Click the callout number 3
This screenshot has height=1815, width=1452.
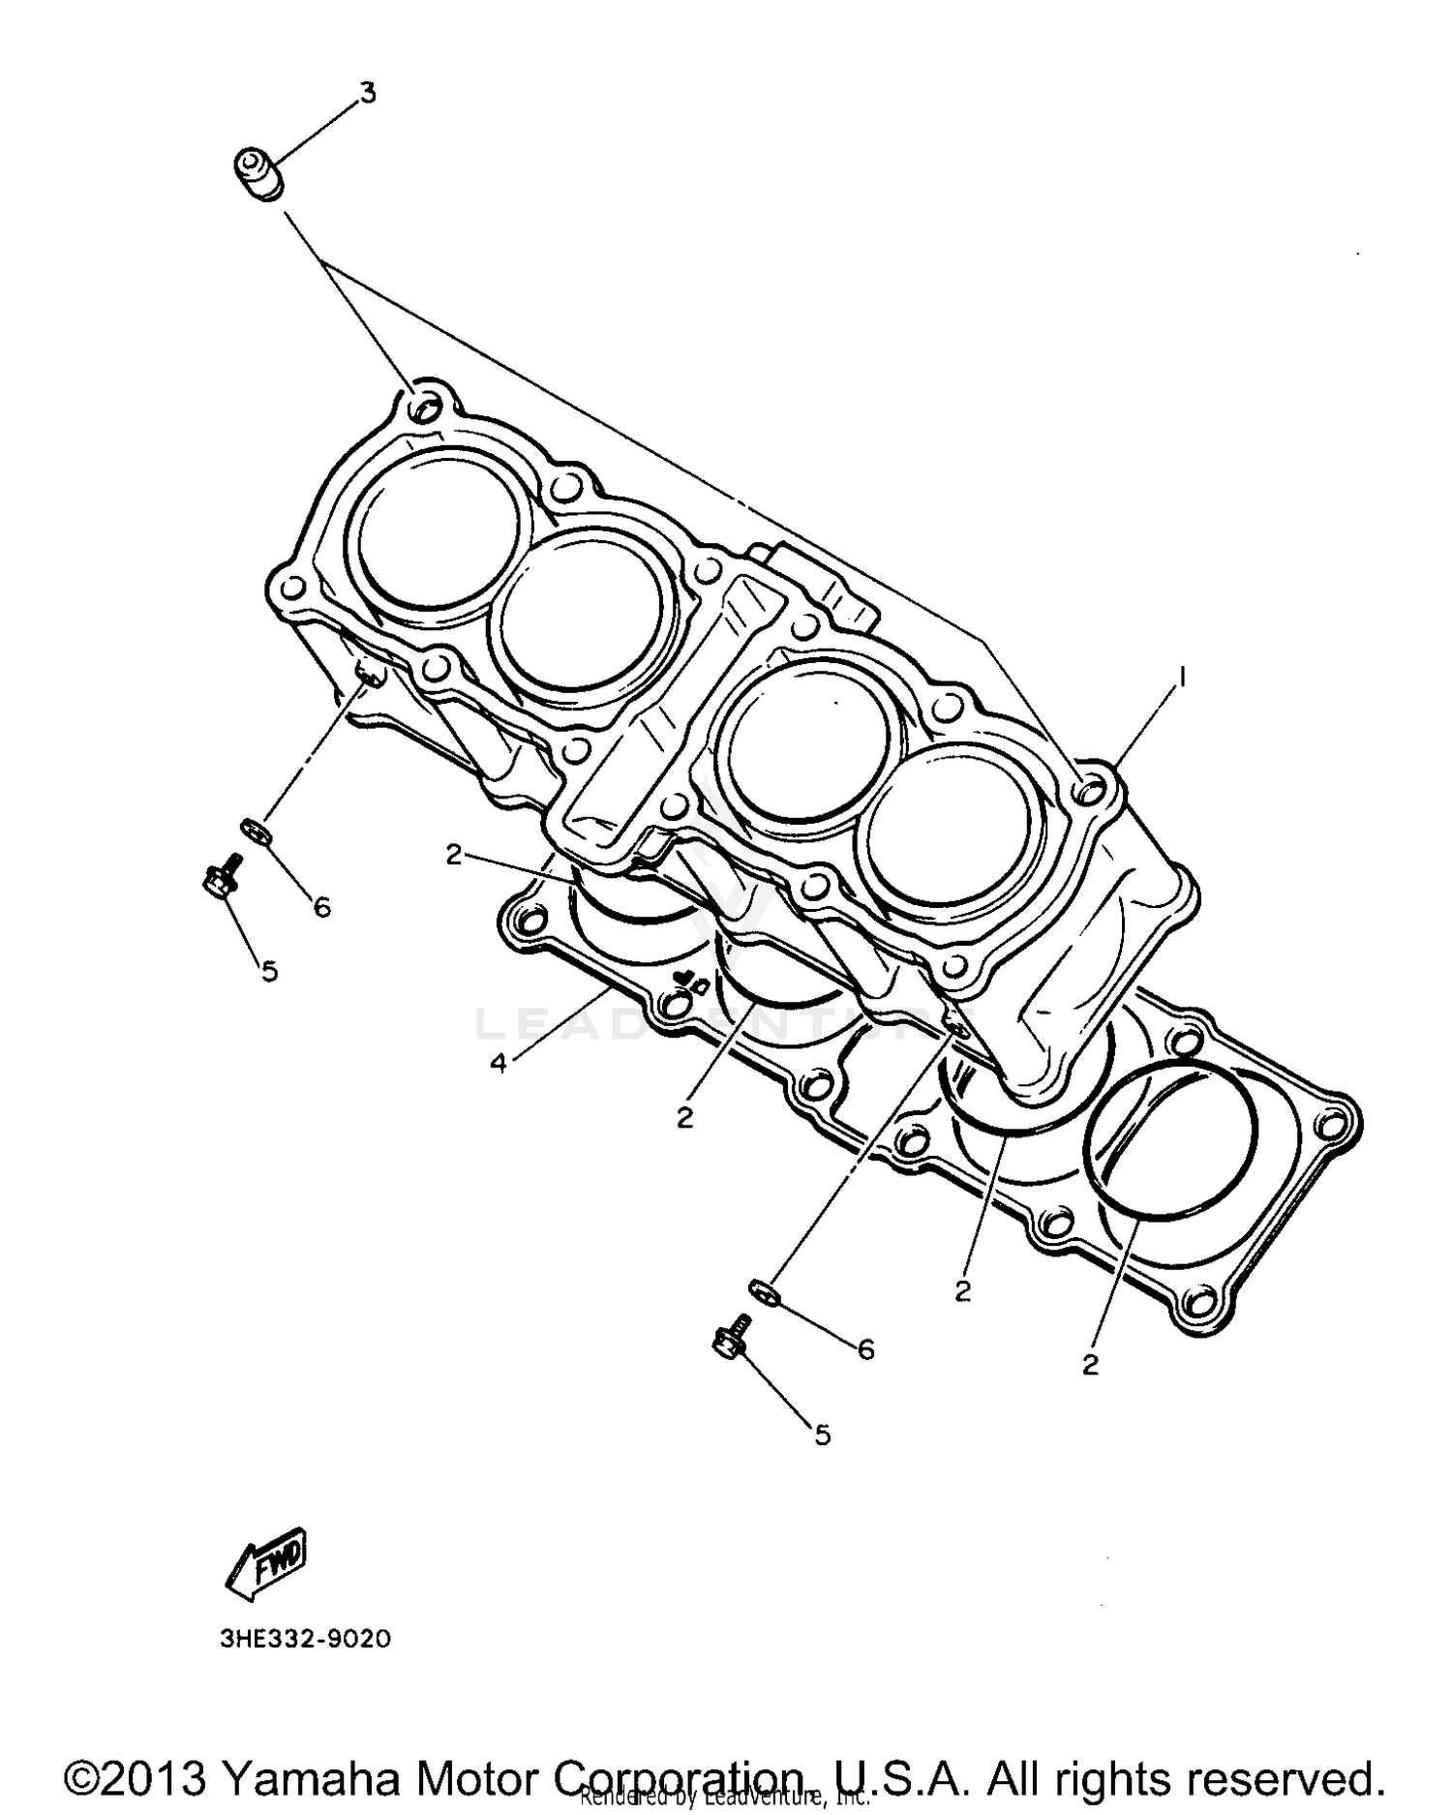(x=367, y=94)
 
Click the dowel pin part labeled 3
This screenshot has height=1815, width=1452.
(x=257, y=173)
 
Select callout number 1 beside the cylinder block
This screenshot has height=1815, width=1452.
(x=1180, y=676)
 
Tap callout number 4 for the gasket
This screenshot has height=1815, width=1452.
(x=498, y=1064)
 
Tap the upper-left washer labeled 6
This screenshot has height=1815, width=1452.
(x=255, y=829)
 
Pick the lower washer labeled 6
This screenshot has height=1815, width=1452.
(x=764, y=1291)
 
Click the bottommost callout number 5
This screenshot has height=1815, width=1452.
(x=822, y=1435)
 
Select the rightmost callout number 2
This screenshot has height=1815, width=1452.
(x=1090, y=1364)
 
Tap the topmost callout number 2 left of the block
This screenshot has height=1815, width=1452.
(x=454, y=854)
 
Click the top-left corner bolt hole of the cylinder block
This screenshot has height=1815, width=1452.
(x=423, y=408)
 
